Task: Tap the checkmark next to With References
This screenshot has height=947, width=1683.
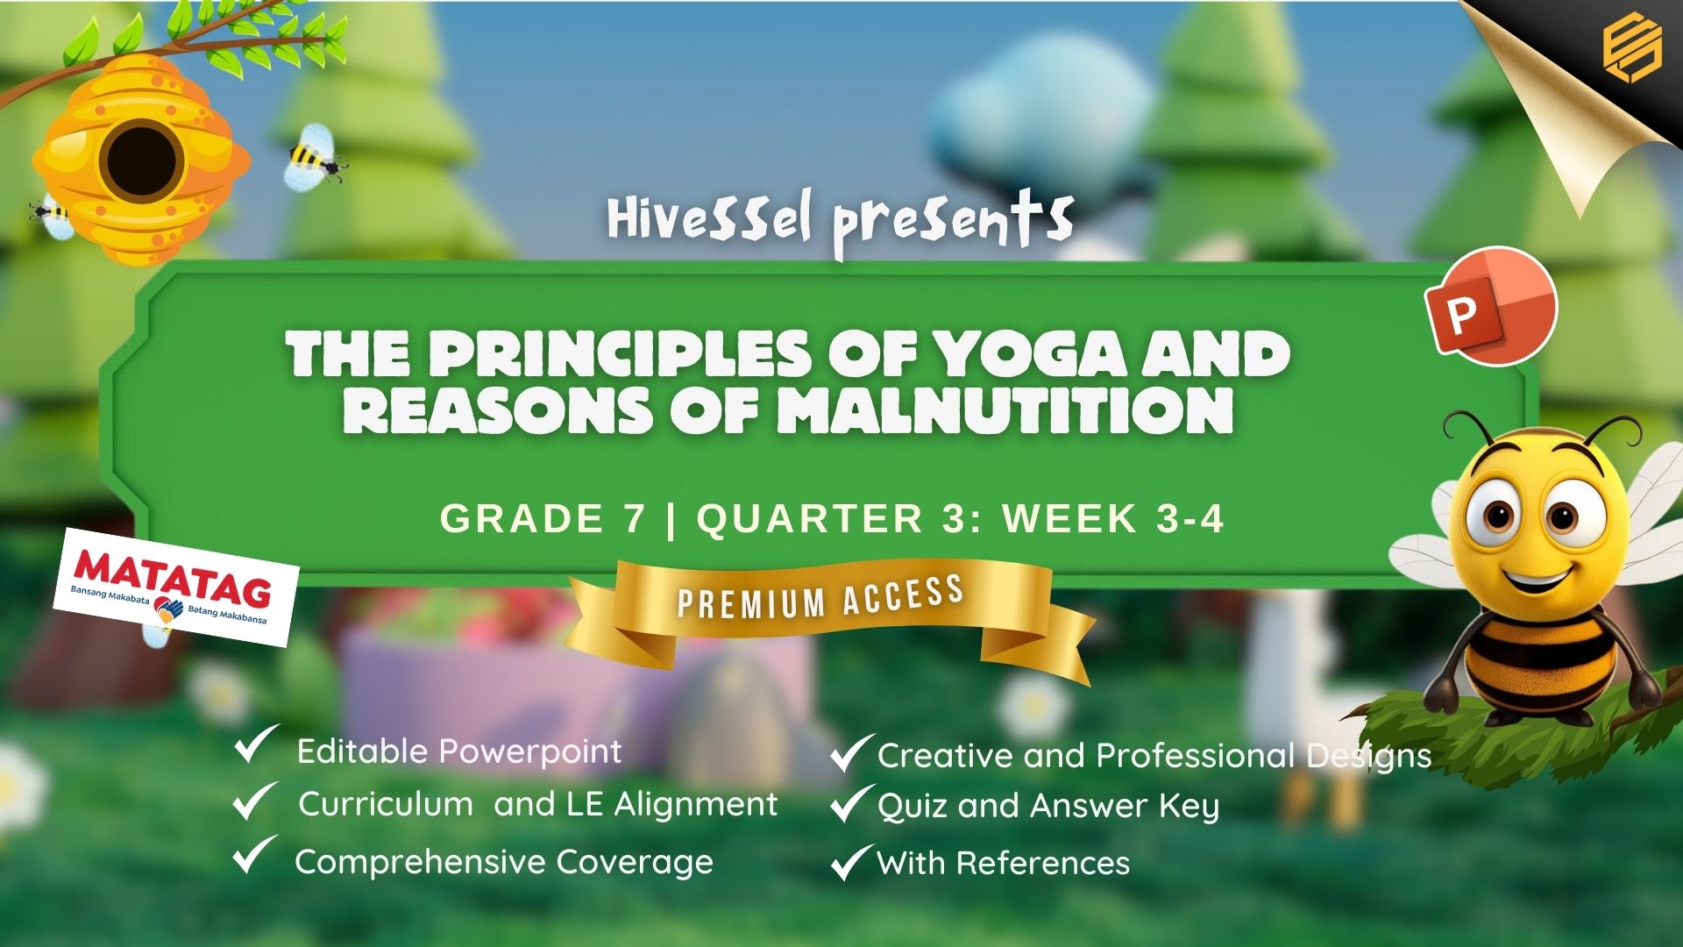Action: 851,862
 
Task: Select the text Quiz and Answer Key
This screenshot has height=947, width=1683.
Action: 1048,807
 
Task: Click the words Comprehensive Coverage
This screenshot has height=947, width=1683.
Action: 504,863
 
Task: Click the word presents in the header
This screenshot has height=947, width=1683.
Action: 953,223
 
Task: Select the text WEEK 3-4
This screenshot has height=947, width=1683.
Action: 1113,519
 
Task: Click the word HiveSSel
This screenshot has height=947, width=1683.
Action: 709,219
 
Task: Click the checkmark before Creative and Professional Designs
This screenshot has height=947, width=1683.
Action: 852,753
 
